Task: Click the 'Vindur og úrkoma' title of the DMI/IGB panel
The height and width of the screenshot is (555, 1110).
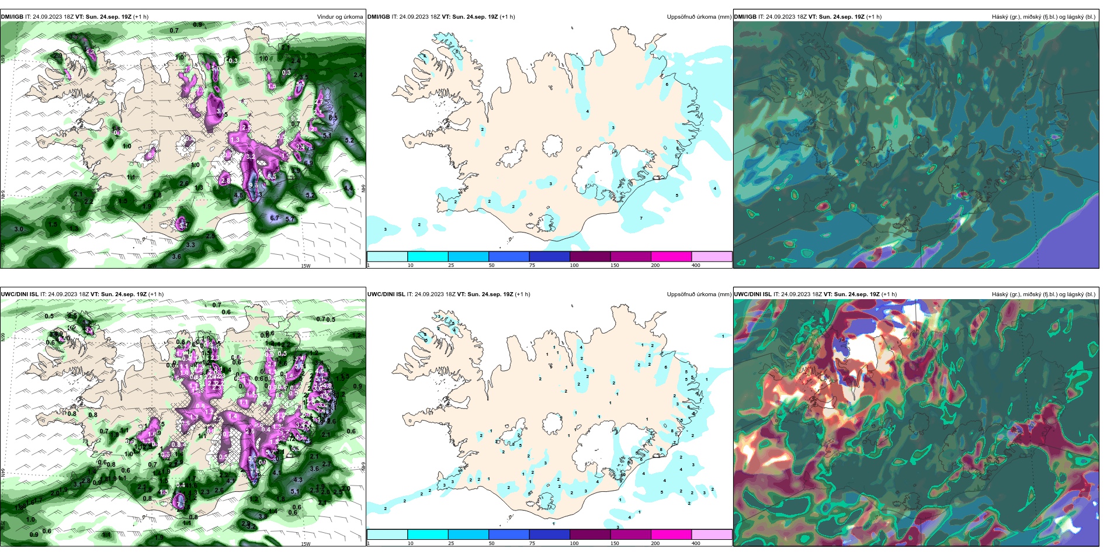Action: click(x=339, y=17)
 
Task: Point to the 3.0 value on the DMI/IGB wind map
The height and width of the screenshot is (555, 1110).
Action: click(x=19, y=229)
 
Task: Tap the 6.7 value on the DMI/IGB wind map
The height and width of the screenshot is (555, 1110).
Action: click(x=275, y=218)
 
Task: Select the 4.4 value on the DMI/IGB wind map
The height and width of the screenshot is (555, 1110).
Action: click(x=348, y=188)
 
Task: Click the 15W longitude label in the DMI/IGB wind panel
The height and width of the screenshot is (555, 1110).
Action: click(x=306, y=266)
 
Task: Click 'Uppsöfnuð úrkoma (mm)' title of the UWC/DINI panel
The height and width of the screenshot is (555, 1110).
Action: click(x=699, y=294)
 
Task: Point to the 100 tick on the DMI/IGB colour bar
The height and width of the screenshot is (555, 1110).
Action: click(x=574, y=265)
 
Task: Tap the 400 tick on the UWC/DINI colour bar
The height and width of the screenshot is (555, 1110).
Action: click(x=695, y=543)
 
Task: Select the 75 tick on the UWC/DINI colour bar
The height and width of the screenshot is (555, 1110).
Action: click(x=532, y=543)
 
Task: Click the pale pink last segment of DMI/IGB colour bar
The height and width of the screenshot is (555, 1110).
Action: click(x=712, y=256)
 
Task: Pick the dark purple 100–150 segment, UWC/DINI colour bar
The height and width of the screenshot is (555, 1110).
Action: click(x=590, y=535)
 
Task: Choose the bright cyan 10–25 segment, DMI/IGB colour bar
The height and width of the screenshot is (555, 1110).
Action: click(x=428, y=256)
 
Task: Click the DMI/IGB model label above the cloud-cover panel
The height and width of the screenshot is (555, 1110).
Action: click(x=745, y=17)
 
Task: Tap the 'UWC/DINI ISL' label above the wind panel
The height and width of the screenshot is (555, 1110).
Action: click(x=19, y=294)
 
